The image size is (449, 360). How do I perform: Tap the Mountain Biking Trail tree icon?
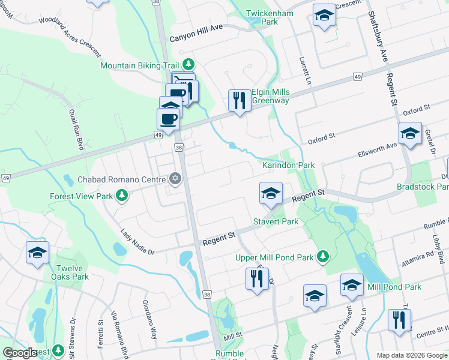188,63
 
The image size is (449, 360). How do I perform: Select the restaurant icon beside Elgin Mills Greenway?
240,100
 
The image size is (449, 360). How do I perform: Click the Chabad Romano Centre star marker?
175,178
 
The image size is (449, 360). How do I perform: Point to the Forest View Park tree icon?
122,194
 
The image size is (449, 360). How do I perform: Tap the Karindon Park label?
288,165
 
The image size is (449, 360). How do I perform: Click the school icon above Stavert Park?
271,193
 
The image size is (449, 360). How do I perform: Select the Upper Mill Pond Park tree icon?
323,257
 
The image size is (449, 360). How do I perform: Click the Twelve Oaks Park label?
73,272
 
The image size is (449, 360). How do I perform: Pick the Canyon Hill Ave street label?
196,37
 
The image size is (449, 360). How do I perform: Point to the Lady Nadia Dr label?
137,242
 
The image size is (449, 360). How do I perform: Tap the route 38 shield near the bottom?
206,295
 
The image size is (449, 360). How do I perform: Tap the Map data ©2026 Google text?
412,355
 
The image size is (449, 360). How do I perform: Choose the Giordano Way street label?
149,319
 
